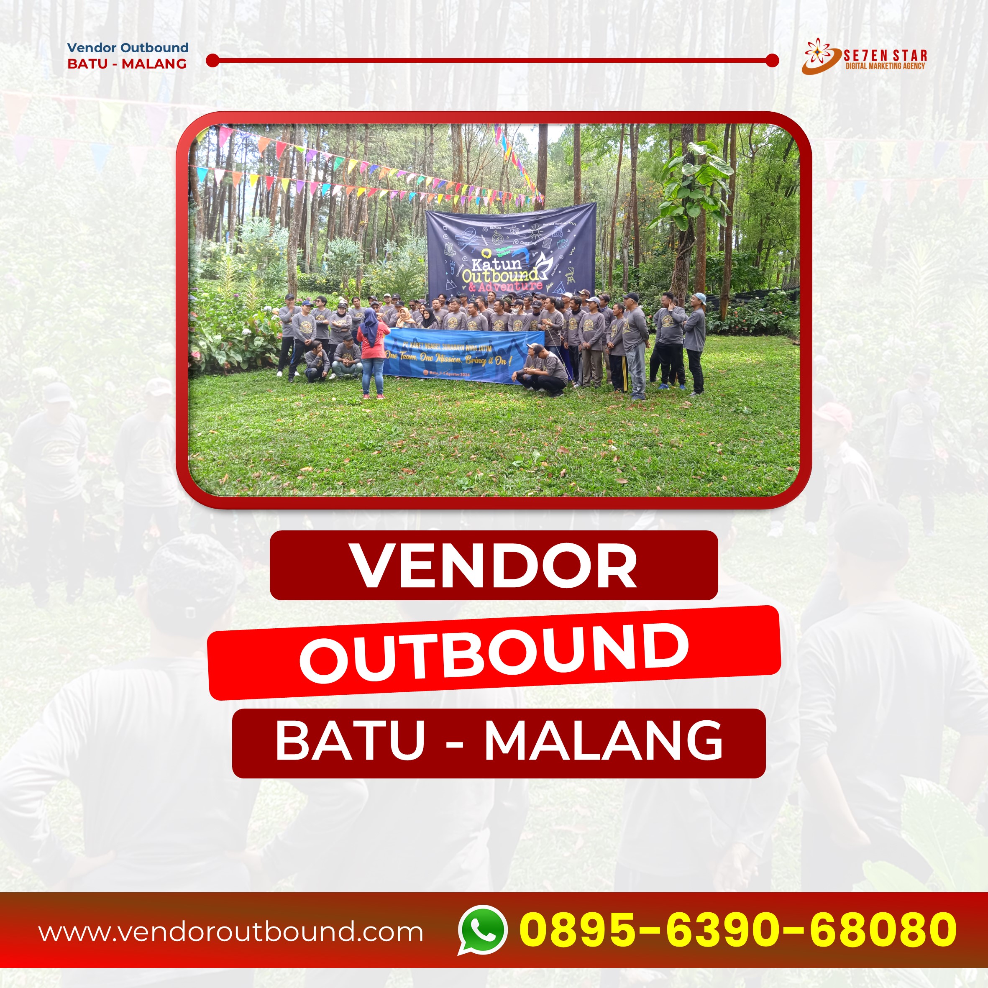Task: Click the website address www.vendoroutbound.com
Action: (x=231, y=932)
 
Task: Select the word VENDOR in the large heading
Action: (x=494, y=566)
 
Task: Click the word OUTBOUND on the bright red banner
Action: (x=494, y=653)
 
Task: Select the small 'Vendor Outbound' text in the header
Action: (x=128, y=48)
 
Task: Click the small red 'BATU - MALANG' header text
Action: (x=127, y=64)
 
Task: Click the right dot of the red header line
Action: (x=772, y=61)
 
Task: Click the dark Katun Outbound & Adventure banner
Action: (x=510, y=251)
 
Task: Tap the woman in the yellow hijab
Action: (x=405, y=318)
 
